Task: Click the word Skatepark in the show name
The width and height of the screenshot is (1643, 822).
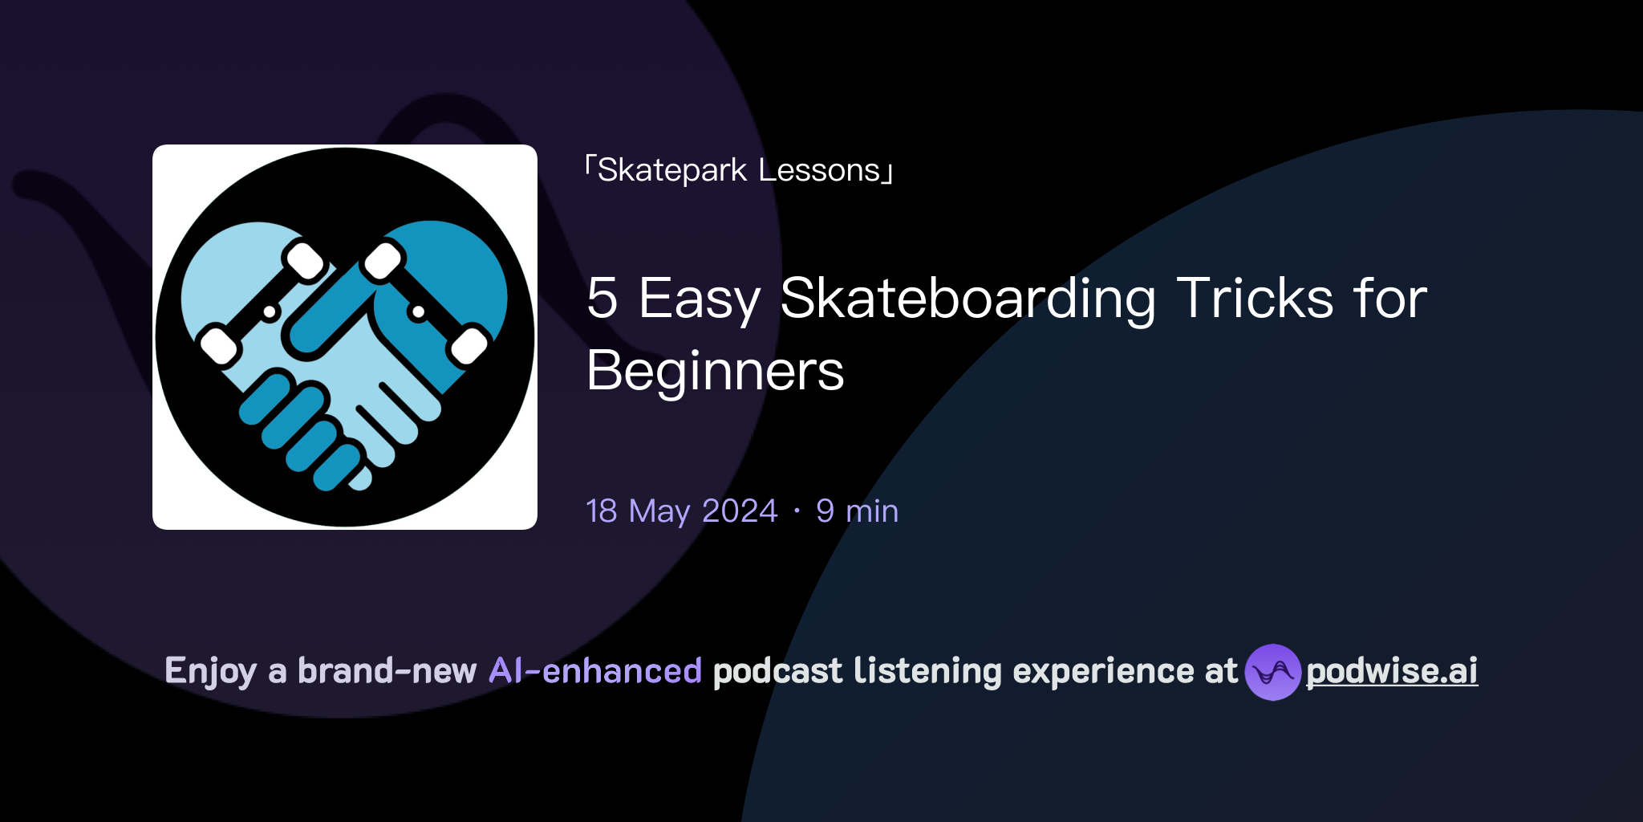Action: click(672, 171)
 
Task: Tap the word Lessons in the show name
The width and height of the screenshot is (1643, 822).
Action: click(819, 171)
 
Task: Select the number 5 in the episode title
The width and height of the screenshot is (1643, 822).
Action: click(602, 299)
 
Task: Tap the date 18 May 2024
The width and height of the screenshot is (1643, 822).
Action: click(682, 511)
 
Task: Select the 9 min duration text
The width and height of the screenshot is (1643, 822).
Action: click(857, 511)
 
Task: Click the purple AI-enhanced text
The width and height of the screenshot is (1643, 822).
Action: click(595, 671)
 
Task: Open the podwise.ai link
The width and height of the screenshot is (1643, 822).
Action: click(1391, 671)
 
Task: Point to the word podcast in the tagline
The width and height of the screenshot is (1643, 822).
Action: click(777, 671)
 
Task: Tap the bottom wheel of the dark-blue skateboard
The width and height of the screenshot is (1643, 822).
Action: click(469, 346)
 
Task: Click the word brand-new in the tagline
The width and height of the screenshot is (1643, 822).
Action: click(387, 671)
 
